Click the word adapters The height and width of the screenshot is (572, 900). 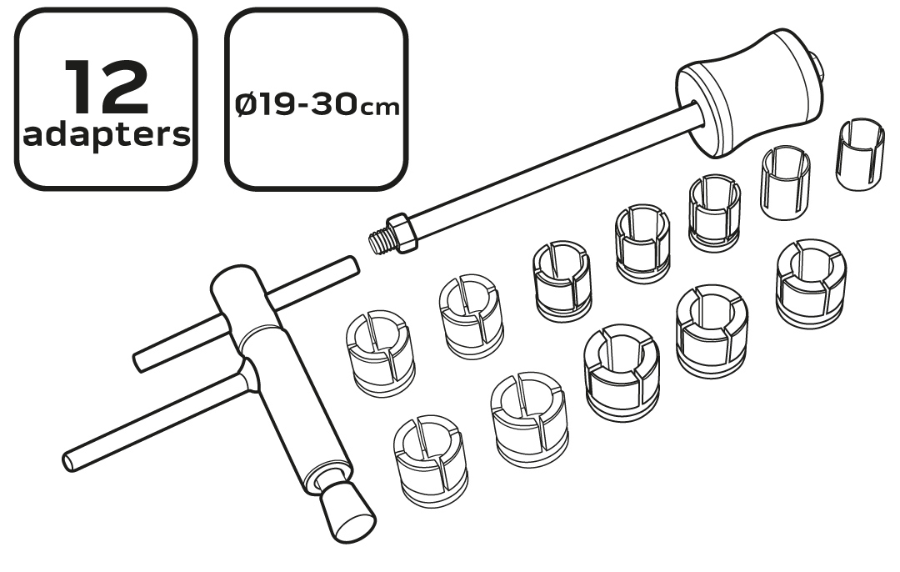click(106, 136)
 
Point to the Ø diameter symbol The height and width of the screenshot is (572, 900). click(248, 105)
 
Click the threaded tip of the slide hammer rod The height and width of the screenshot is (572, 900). click(378, 240)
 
